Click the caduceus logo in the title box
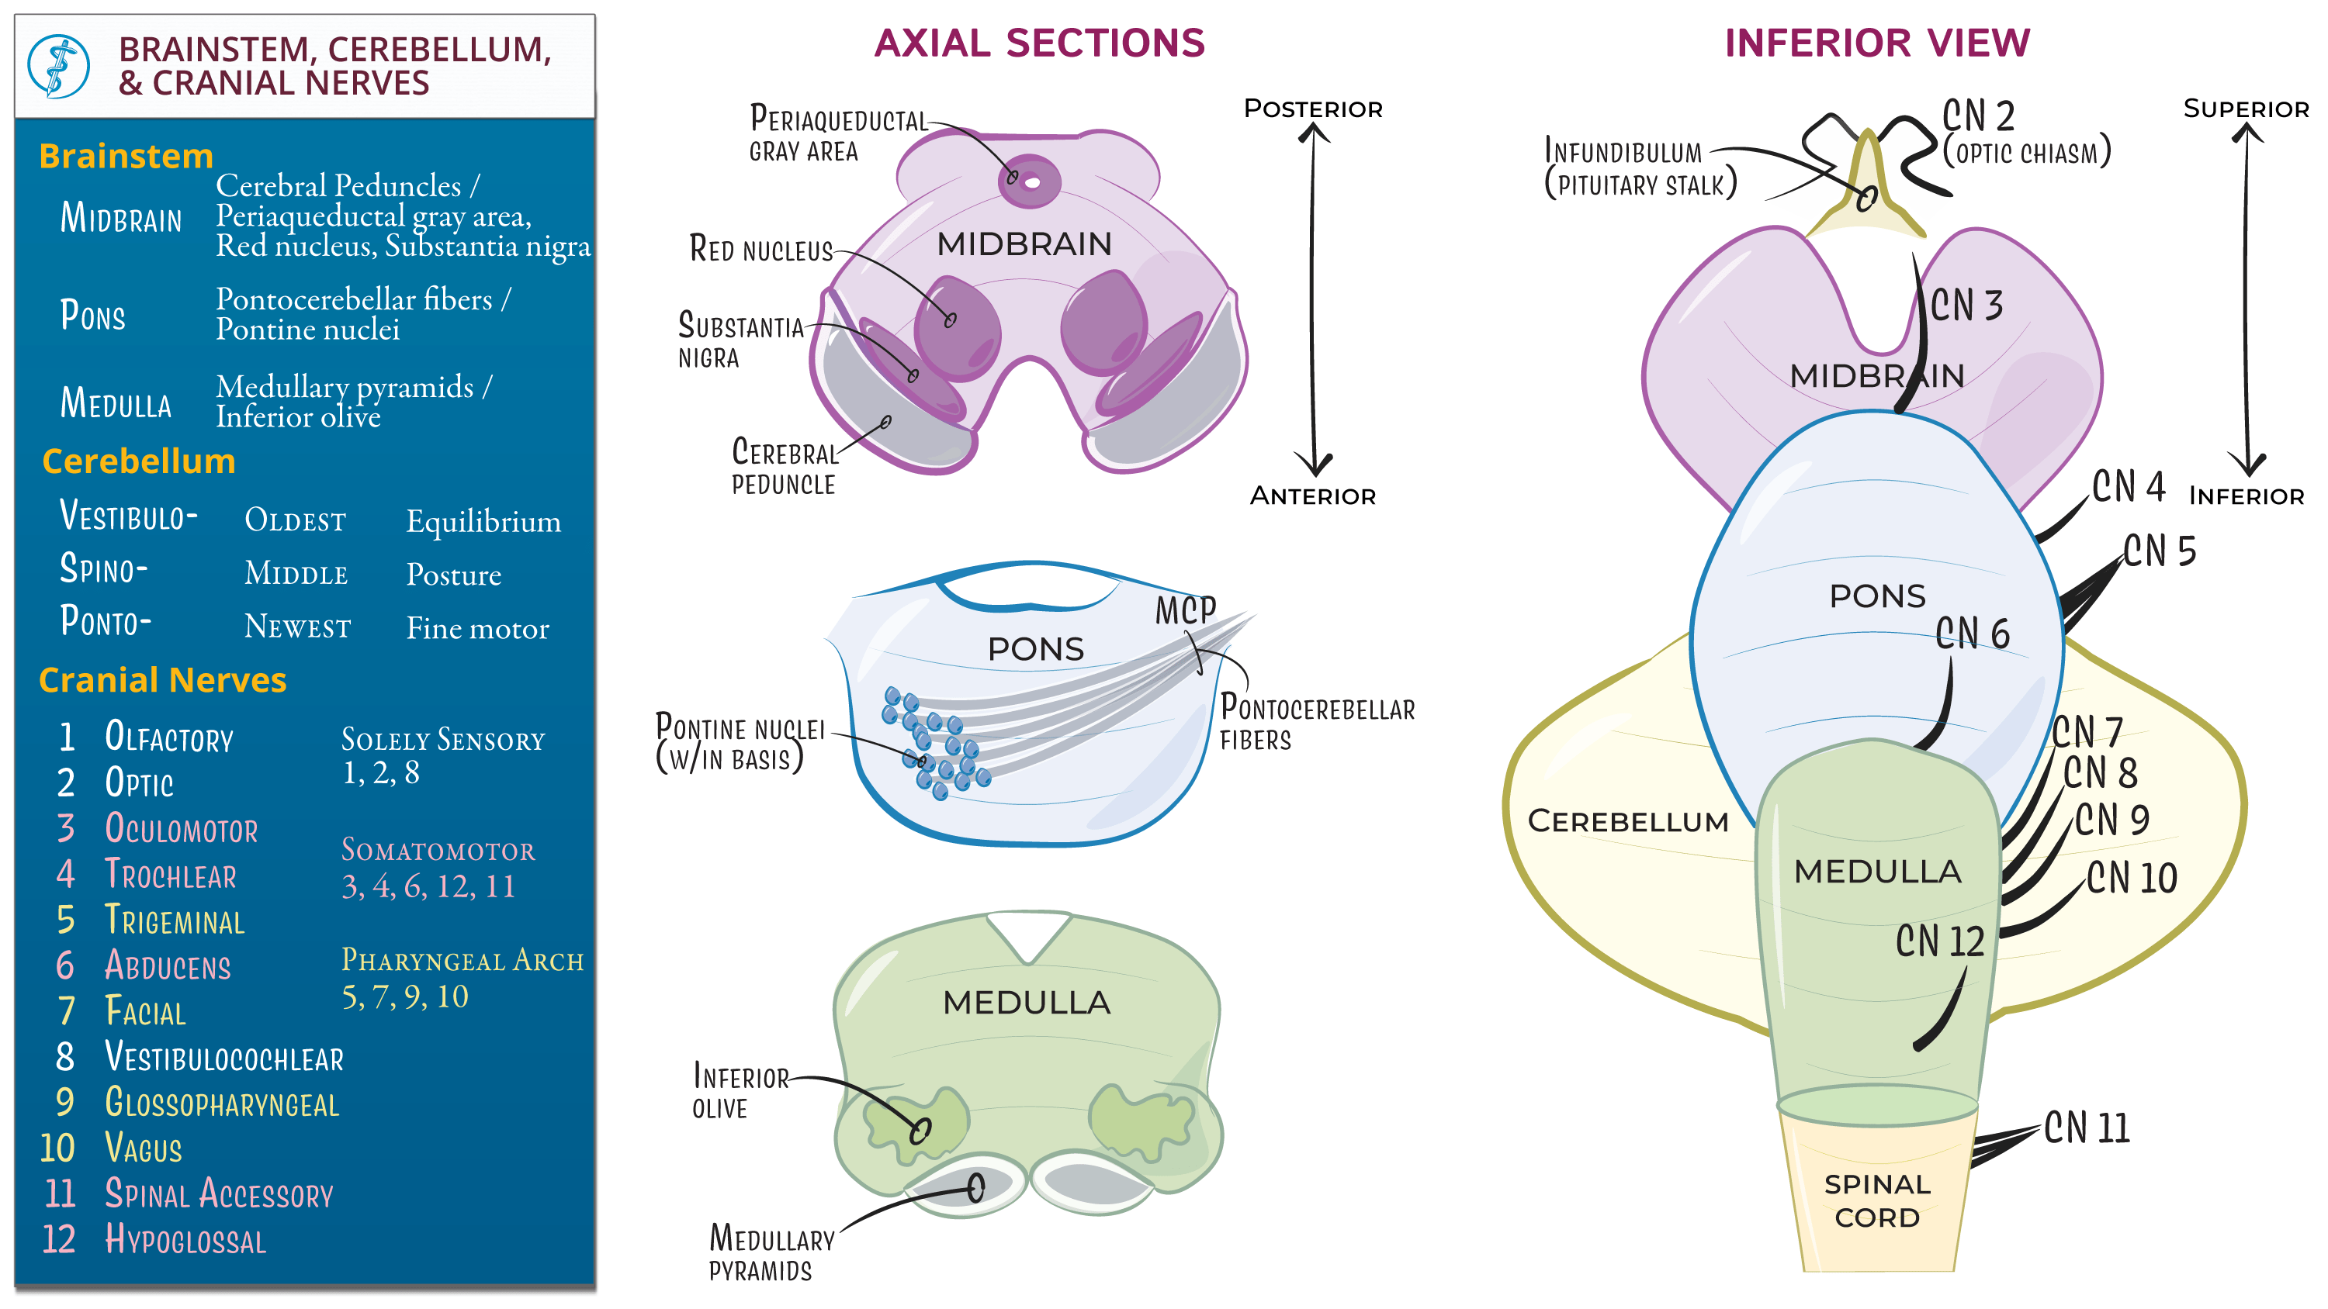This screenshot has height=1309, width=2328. [x=58, y=66]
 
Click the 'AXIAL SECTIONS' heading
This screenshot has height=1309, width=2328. [x=1039, y=43]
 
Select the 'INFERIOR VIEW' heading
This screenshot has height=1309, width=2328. [x=1876, y=43]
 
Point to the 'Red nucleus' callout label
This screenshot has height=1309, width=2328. [x=760, y=248]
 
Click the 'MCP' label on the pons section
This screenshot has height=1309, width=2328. [x=1185, y=611]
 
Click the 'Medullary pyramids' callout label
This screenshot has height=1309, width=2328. [x=770, y=1252]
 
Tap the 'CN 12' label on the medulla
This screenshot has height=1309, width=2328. [x=1939, y=941]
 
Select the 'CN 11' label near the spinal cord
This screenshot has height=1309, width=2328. [x=2086, y=1128]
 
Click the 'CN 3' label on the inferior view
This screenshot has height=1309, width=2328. [x=1966, y=306]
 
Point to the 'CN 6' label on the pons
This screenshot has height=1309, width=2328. [x=1972, y=634]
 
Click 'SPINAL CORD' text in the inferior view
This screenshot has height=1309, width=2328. [x=1876, y=1200]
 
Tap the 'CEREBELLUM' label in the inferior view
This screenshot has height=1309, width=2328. [x=1626, y=821]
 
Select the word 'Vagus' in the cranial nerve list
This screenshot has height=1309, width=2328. [x=143, y=1148]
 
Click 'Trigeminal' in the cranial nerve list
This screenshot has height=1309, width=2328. [x=175, y=920]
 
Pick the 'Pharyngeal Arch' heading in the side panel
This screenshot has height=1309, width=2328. [x=462, y=959]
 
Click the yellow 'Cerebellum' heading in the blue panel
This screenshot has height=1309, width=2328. [x=138, y=461]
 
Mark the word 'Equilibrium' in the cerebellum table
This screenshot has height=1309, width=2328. [x=483, y=521]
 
